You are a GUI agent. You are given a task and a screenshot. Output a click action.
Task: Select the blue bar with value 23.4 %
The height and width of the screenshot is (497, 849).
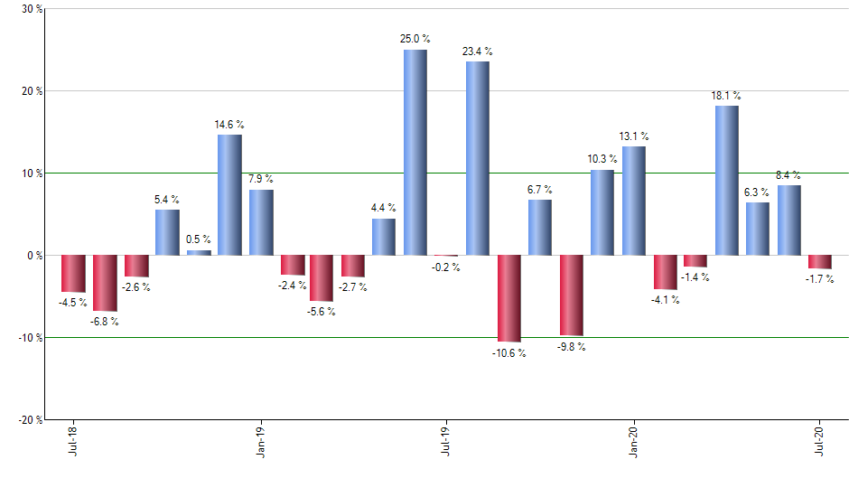point(478,158)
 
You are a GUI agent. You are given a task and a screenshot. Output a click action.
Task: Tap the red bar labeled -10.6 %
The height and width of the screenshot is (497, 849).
point(509,298)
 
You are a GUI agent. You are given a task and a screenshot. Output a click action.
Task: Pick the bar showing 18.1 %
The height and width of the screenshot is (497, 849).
point(727,180)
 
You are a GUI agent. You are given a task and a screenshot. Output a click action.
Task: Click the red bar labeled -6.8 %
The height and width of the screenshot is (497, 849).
point(105,283)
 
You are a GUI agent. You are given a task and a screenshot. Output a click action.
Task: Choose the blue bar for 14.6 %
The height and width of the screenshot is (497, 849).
point(229,194)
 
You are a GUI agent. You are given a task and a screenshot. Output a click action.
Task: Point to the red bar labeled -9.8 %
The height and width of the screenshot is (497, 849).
point(572,295)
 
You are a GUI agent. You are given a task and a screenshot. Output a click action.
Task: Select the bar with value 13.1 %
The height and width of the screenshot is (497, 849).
point(634,201)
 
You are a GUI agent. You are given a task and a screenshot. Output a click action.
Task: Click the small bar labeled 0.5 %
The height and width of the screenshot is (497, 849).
point(199,253)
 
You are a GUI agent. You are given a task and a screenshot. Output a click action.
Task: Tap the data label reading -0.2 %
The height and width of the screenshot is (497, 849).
point(446,267)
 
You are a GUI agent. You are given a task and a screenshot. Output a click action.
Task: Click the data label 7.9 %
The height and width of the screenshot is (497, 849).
point(261,179)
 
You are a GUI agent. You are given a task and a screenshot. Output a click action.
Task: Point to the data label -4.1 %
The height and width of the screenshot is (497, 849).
point(665,300)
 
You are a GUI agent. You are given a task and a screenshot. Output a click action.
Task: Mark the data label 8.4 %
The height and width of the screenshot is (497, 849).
point(789,175)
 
